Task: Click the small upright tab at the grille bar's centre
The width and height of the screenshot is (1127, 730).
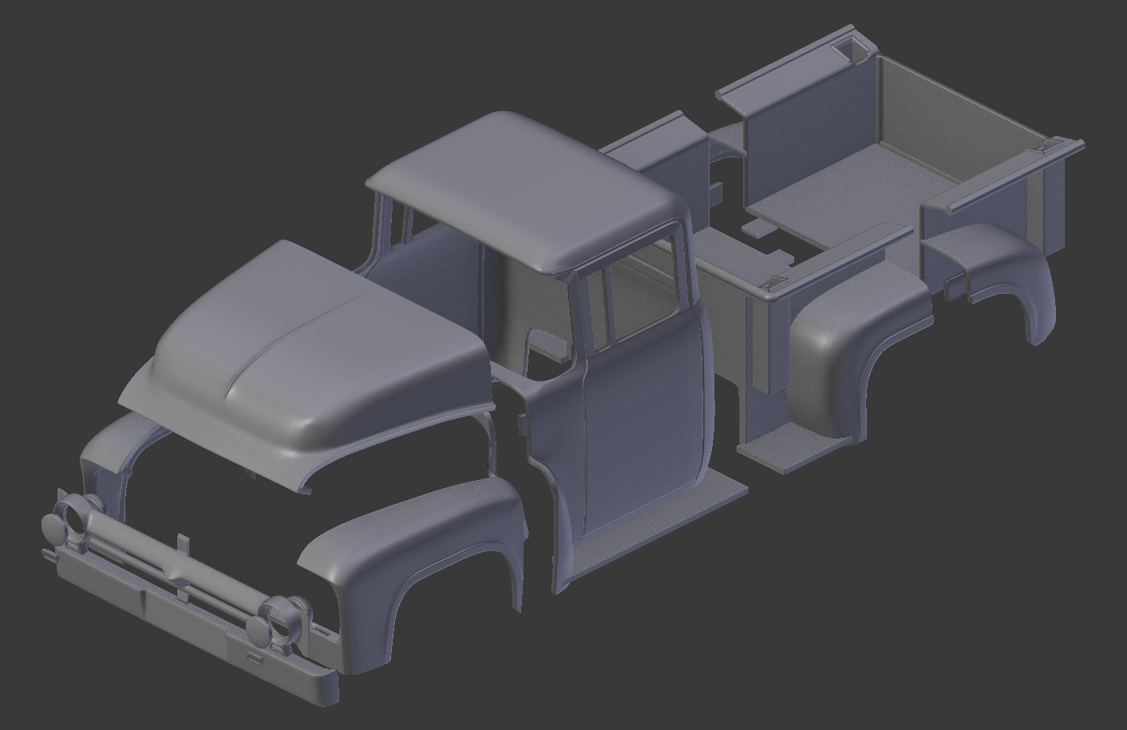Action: tap(181, 543)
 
